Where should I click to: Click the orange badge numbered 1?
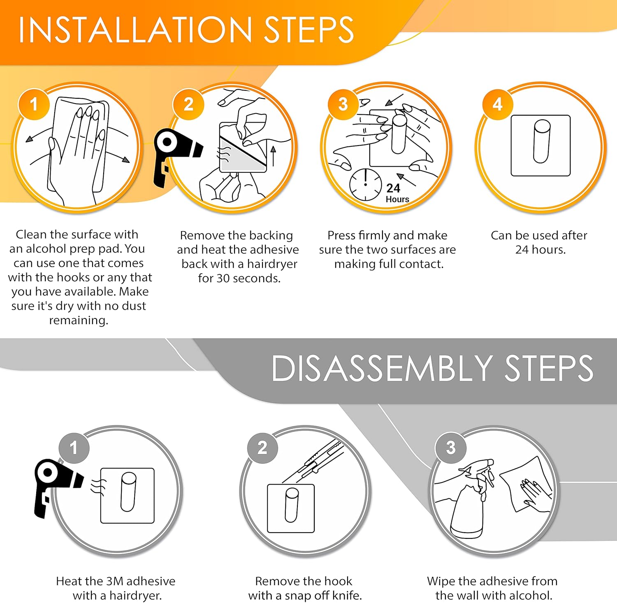[x=34, y=104]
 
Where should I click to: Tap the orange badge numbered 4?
[x=497, y=104]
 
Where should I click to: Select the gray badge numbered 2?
[x=262, y=448]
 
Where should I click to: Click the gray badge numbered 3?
[x=450, y=448]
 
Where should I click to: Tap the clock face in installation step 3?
[x=365, y=184]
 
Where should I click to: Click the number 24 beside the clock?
[x=393, y=188]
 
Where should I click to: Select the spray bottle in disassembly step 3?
[x=472, y=500]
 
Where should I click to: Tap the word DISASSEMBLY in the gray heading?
[x=382, y=368]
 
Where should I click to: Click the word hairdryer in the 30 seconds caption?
[x=272, y=264]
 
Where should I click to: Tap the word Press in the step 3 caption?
[x=341, y=235]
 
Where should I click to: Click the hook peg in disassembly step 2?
[x=292, y=505]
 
